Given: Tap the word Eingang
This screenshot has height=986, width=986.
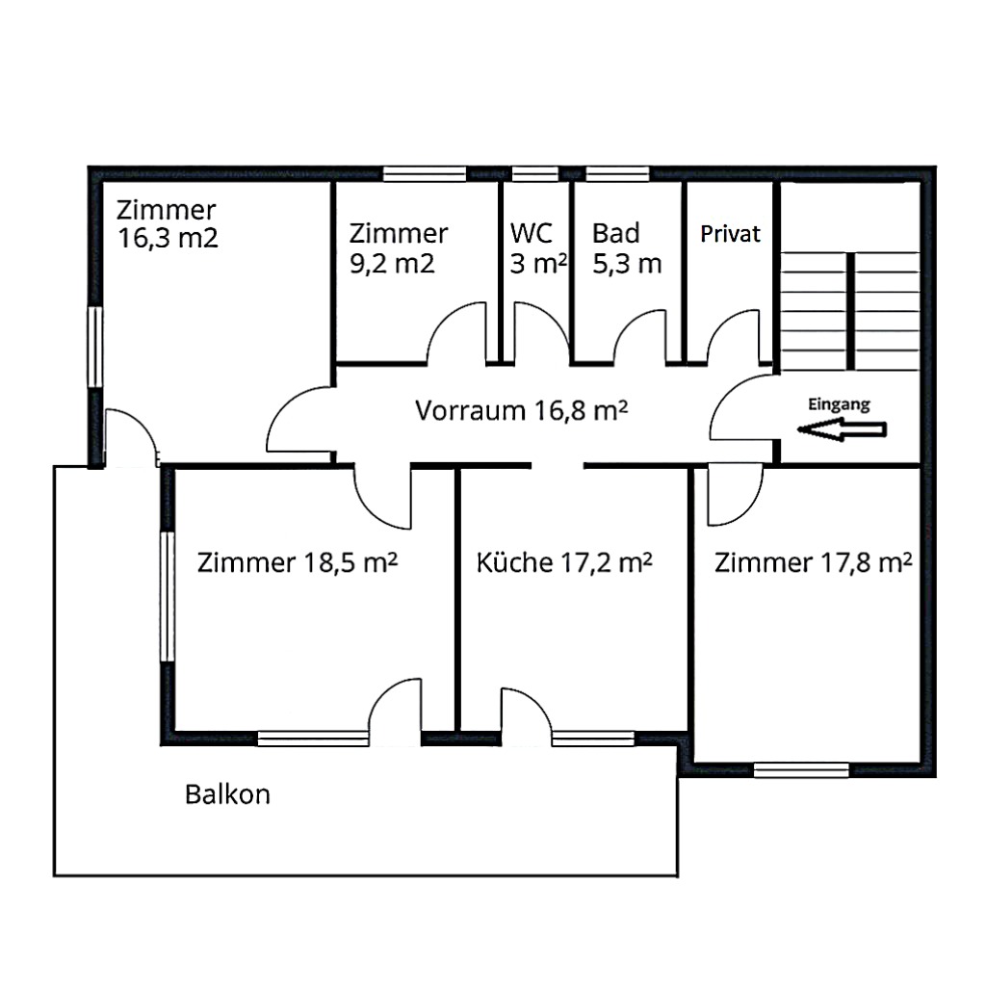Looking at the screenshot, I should pyautogui.click(x=840, y=404).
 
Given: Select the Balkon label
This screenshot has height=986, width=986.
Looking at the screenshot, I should pyautogui.click(x=227, y=794).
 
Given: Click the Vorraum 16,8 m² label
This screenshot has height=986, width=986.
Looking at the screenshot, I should pyautogui.click(x=522, y=411).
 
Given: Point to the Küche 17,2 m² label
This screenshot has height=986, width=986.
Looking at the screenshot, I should pyautogui.click(x=565, y=562).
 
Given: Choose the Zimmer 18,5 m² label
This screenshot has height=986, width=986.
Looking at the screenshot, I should pyautogui.click(x=298, y=562).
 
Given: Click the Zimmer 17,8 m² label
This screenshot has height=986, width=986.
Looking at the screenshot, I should pyautogui.click(x=814, y=562).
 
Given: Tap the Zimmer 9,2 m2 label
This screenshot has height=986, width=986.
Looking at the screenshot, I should pyautogui.click(x=398, y=248).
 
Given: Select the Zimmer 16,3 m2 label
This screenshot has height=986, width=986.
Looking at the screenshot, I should pyautogui.click(x=168, y=223).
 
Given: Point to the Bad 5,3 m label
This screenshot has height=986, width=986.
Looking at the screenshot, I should pyautogui.click(x=627, y=248).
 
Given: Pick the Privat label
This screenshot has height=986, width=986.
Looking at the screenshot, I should pyautogui.click(x=731, y=234).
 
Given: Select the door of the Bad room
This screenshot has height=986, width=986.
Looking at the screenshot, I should pyautogui.click(x=639, y=336).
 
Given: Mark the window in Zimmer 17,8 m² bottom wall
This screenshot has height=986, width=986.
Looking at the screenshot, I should pyautogui.click(x=800, y=769).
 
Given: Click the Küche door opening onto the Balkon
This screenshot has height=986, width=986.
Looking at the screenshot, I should pyautogui.click(x=526, y=717).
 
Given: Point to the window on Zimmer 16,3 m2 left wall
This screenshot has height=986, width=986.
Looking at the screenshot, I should pyautogui.click(x=94, y=348).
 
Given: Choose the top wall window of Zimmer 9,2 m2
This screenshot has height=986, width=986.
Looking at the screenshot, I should pyautogui.click(x=425, y=174).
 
